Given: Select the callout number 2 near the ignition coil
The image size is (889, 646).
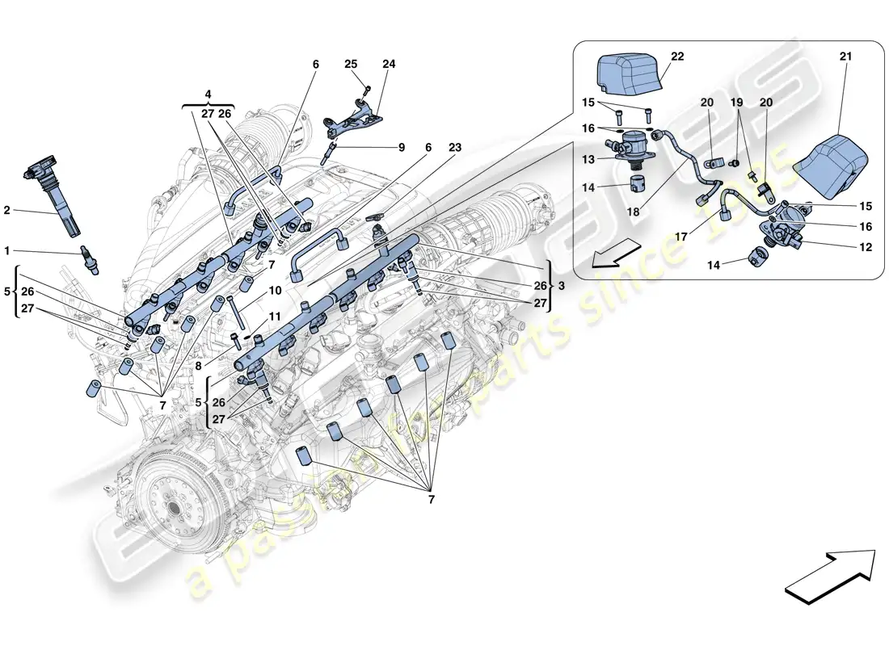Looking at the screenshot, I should [6, 211].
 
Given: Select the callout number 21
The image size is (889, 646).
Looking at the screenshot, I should [845, 57].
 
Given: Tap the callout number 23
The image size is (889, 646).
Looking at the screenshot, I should [456, 148].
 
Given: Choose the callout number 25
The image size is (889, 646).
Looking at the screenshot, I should [350, 64].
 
